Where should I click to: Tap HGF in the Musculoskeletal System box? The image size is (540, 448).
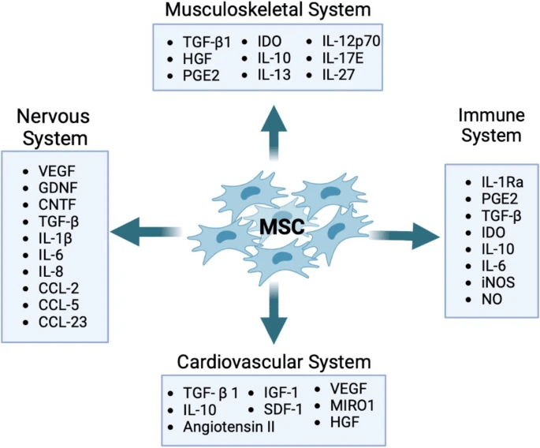pyautogui.click(x=196, y=58)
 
